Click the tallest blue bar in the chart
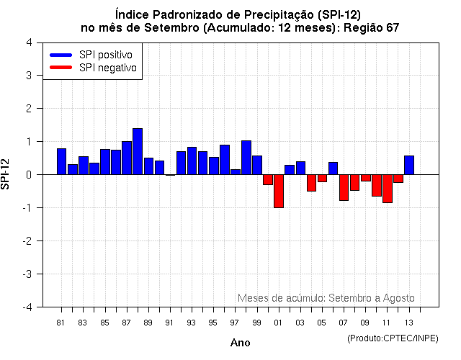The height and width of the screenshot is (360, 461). click(138, 152)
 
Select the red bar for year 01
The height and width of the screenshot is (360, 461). click(278, 191)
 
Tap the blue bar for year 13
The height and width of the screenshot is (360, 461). click(409, 165)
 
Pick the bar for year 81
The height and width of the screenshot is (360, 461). click(61, 161)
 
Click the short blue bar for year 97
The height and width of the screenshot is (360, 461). click(236, 172)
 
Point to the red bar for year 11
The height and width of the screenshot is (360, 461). click(388, 189)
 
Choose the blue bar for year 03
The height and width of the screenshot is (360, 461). click(300, 168)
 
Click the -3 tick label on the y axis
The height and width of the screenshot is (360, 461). click(26, 274)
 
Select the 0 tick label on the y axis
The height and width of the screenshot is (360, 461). click(28, 175)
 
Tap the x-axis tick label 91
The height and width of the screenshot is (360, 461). click(170, 323)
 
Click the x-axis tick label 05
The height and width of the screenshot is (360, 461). click(322, 323)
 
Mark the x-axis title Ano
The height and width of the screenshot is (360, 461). click(240, 343)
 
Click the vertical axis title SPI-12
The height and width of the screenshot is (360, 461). click(6, 174)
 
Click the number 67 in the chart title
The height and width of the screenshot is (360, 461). click(392, 27)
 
